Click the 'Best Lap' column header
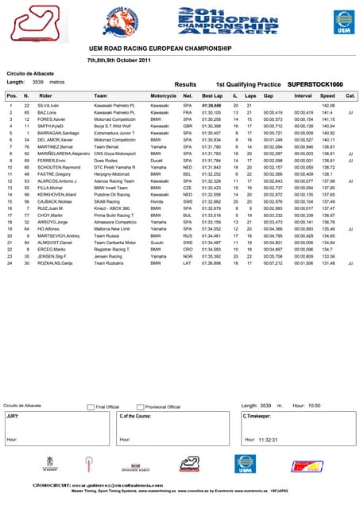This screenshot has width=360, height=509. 213,95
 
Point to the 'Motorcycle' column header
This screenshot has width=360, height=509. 164,95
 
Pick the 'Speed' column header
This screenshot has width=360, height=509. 327,95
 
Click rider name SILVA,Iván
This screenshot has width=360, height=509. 49,105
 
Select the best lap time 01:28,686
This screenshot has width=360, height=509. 212,105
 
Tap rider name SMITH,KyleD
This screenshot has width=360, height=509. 52,125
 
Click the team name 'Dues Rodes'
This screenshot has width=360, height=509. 106,161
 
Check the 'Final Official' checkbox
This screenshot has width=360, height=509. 91,406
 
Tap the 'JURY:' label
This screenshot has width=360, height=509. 14,415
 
